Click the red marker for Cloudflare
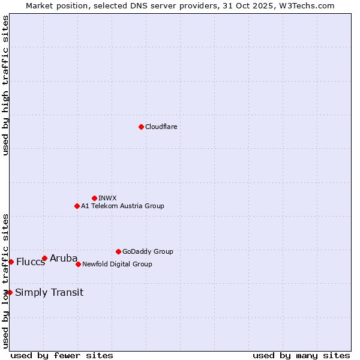[141, 127]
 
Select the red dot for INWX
[94, 198]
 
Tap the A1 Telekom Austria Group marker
[77, 206]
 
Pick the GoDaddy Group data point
[118, 251]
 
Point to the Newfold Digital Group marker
[78, 264]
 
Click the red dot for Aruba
[44, 258]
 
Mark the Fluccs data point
[11, 262]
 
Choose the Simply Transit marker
[10, 292]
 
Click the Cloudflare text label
[161, 127]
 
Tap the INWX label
[107, 198]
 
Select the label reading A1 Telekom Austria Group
[122, 206]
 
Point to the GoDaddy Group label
[148, 251]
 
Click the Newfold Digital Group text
[117, 264]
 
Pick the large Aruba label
[64, 259]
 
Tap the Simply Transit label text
[49, 293]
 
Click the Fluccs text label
[31, 262]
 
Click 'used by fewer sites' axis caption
[62, 355]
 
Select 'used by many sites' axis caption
[301, 355]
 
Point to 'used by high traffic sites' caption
[5, 85]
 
